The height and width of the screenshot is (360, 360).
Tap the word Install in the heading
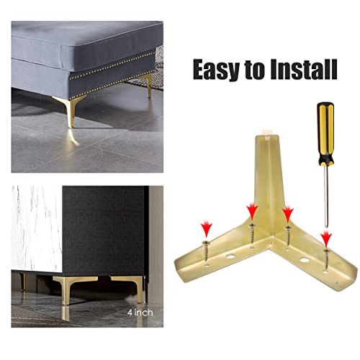tap(302, 70)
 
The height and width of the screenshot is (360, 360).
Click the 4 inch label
tap(140, 312)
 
